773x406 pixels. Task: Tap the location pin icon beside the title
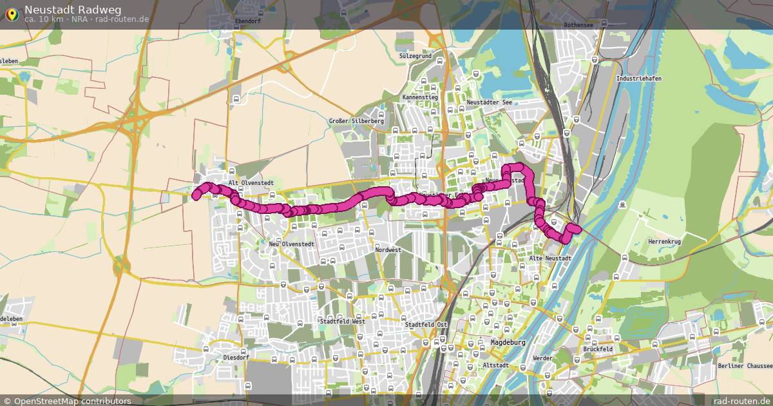coord(11,13)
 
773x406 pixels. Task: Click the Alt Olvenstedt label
coord(251,183)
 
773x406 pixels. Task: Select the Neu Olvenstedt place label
coord(291,244)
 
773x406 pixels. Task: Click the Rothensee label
coord(578,24)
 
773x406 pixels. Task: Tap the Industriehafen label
coord(638,79)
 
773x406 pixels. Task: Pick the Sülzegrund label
coord(415,57)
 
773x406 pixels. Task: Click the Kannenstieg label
coord(420,97)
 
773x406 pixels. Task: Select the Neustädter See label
coord(489,102)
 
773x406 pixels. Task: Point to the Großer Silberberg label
coord(356,121)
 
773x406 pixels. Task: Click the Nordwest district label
coord(388,250)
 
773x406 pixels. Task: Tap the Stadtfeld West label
coord(342,320)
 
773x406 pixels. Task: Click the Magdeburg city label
coord(508,342)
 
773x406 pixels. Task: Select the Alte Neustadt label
coord(549,258)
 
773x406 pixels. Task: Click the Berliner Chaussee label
coord(743,366)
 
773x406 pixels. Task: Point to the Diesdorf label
coord(235,356)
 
